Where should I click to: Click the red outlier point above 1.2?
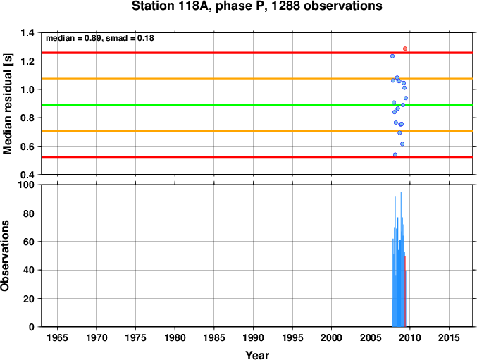pyautogui.click(x=405, y=49)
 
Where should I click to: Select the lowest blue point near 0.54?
pyautogui.click(x=395, y=155)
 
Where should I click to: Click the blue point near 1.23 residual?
pyautogui.click(x=392, y=56)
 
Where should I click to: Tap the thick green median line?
pyautogui.click(x=257, y=105)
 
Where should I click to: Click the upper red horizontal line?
pyautogui.click(x=257, y=53)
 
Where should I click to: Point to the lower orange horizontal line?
pyautogui.click(x=257, y=131)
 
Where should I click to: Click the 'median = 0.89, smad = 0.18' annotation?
pyautogui.click(x=100, y=38)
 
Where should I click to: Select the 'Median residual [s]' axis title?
pyautogui.click(x=7, y=104)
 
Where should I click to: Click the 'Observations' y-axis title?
pyautogui.click(x=5, y=256)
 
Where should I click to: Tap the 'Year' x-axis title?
pyautogui.click(x=257, y=355)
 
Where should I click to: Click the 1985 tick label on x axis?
pyautogui.click(x=214, y=337)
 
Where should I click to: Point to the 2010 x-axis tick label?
pyautogui.click(x=410, y=337)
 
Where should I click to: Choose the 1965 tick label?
pyautogui.click(x=57, y=337)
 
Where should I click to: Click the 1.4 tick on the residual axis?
pyautogui.click(x=27, y=32)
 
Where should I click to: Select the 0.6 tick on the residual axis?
pyautogui.click(x=27, y=147)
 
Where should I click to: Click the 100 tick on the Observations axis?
pyautogui.click(x=27, y=185)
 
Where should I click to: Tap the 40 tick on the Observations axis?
pyautogui.click(x=29, y=270)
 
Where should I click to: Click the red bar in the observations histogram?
pyautogui.click(x=405, y=291)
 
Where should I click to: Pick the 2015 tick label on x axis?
pyautogui.click(x=449, y=337)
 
